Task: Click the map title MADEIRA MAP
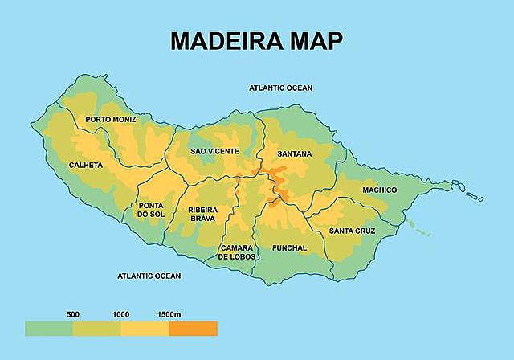coord(255,41)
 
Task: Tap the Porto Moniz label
coord(111,120)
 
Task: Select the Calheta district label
coord(86,166)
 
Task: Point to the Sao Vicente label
coord(214,151)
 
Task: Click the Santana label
coord(294,153)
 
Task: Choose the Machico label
coord(379,190)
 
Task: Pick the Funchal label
coord(289,248)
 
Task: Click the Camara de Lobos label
coord(237,252)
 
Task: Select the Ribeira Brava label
coord(202,213)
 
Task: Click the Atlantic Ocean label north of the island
coord(280,88)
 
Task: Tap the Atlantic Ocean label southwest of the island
coord(149,276)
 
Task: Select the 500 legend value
coord(72,313)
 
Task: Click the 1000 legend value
coord(121,313)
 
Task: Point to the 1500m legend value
coord(170,313)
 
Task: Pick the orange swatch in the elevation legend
coord(193,329)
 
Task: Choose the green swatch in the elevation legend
coord(48,329)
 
